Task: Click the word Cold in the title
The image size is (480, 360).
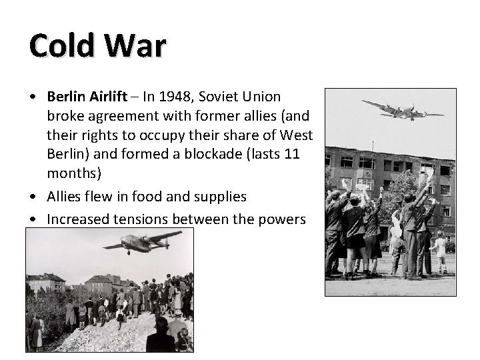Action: [59, 47]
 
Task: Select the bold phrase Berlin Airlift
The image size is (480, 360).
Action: [87, 97]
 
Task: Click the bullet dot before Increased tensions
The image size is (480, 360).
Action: [33, 219]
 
